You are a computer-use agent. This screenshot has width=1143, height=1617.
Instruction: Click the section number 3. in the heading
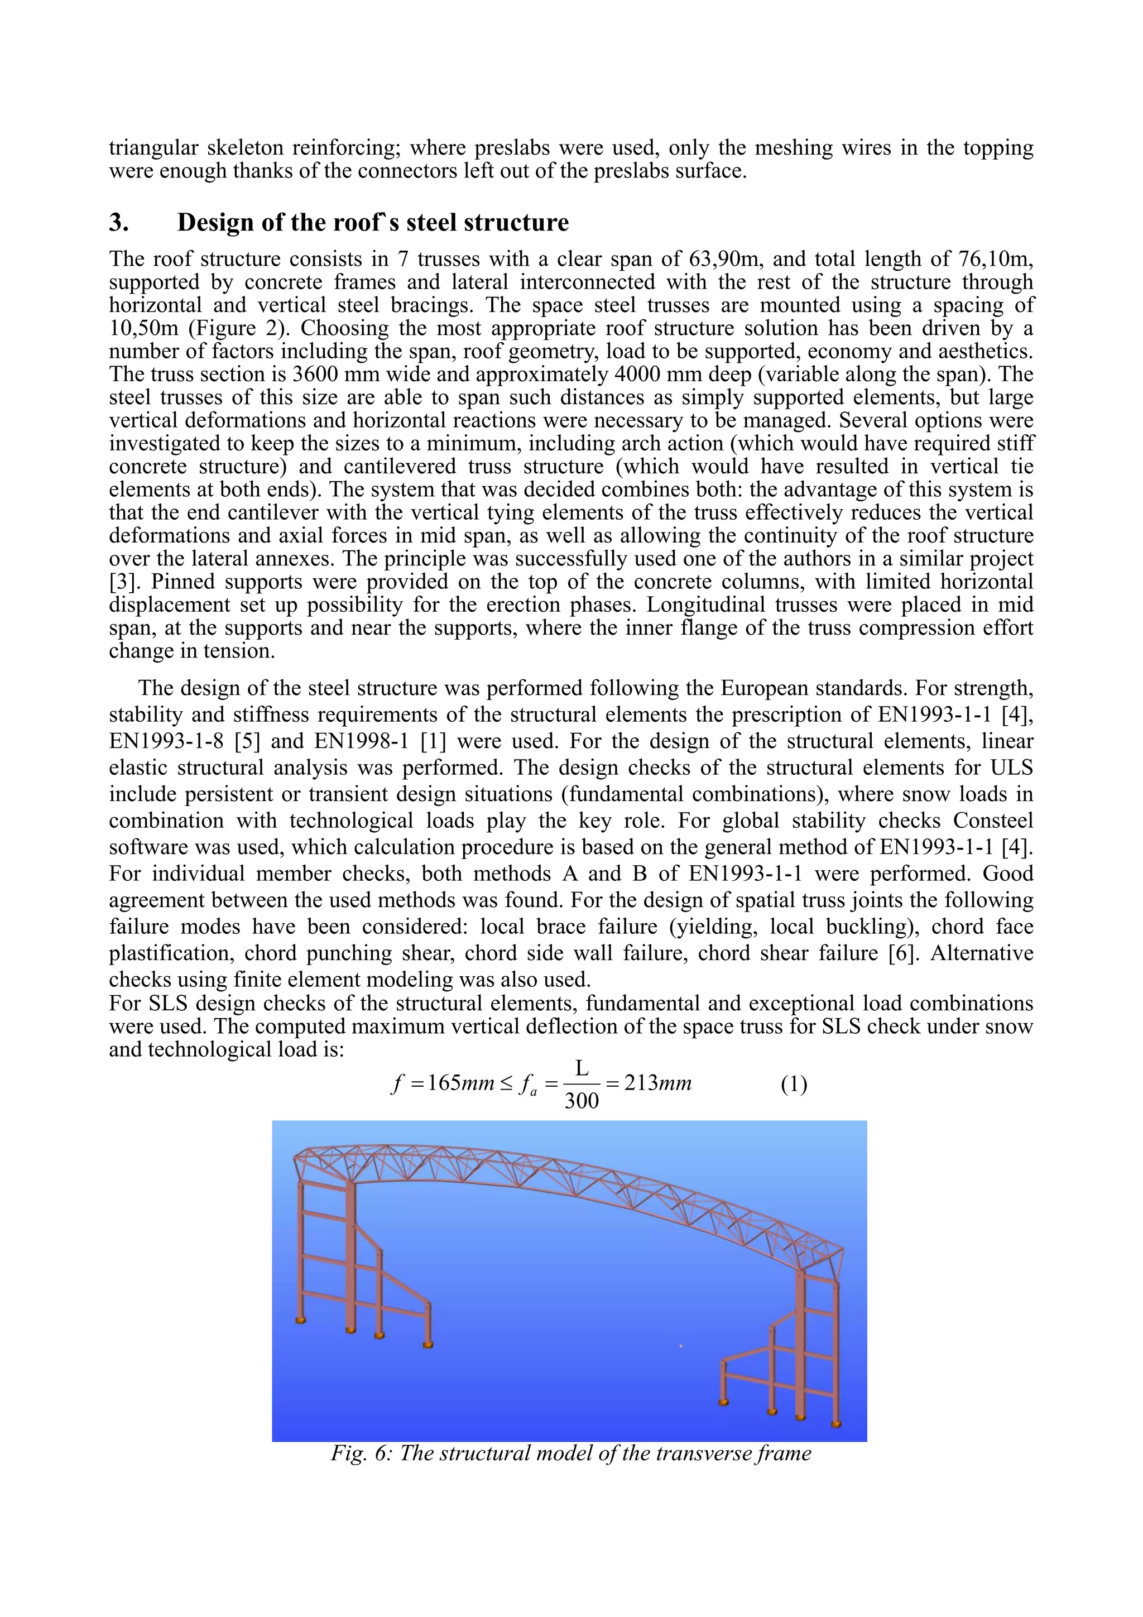coord(118,223)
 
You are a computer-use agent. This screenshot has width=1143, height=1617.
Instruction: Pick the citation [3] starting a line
coord(123,582)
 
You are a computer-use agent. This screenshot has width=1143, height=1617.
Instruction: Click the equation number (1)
coord(794,1085)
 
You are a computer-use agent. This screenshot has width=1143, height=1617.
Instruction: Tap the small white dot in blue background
coord(680,1346)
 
